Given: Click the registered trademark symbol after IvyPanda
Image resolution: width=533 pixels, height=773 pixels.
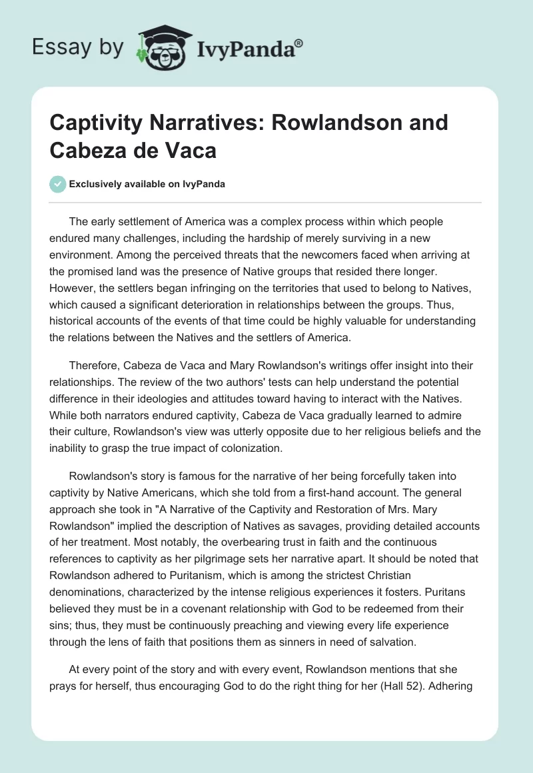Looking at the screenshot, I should [x=299, y=43].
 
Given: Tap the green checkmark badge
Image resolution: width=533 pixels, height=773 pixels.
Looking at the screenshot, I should [x=58, y=184].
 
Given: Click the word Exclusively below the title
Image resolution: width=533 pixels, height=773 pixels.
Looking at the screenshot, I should [x=97, y=185].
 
